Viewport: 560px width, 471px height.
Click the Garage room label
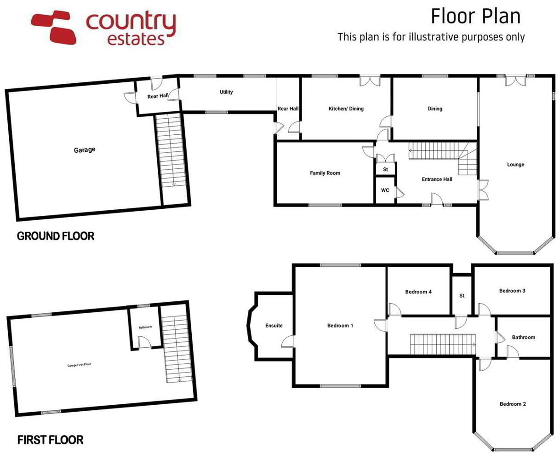tap(85, 150)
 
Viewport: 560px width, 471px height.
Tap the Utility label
tap(226, 92)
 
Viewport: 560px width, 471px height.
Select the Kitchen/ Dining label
tap(346, 109)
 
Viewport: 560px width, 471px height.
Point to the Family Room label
tap(325, 173)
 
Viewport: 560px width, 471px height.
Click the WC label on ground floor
tap(385, 190)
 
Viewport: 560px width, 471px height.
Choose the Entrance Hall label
tap(437, 179)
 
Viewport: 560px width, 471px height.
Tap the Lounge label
tap(515, 165)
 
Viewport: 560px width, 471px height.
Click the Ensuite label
tap(274, 326)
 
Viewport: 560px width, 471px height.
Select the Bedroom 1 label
tap(340, 326)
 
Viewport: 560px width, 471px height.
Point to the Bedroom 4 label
tap(418, 292)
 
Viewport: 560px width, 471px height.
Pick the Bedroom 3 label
tap(512, 291)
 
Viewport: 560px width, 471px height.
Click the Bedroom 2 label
tap(513, 404)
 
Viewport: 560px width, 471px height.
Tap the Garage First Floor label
tap(79, 365)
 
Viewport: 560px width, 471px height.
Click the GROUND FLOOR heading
tap(56, 236)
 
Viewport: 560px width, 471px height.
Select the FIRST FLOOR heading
tap(51, 440)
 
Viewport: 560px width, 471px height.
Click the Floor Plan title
tap(476, 17)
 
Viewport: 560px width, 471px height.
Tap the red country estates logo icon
tap(54, 27)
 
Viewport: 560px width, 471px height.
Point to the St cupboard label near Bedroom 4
tap(462, 295)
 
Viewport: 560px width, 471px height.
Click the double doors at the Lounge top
tap(515, 81)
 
